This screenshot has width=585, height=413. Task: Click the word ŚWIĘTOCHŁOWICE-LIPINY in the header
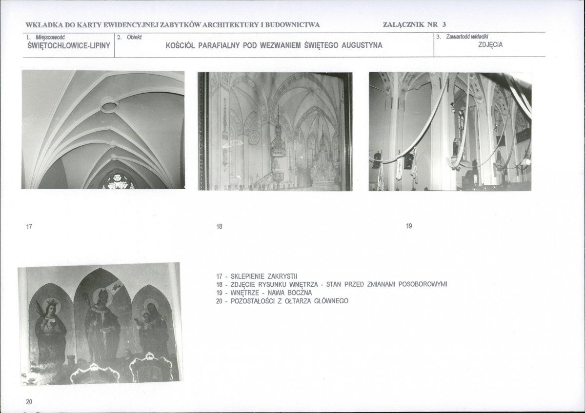coord(69,46)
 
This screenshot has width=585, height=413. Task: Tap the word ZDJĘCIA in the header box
coord(491,45)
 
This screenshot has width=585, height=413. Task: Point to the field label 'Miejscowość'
coord(50,37)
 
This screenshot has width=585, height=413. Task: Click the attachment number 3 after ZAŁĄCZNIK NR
coord(444,25)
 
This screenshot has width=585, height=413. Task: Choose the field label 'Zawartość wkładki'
coord(467,37)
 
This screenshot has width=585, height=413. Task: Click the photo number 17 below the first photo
coord(29,226)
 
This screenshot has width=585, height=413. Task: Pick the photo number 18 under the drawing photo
coord(219,226)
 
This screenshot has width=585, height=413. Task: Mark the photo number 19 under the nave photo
coord(409,226)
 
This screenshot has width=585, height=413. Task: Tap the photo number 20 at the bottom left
coord(29,401)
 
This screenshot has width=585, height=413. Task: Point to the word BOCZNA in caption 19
coord(299,293)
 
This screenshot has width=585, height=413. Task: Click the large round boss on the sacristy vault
coord(109,107)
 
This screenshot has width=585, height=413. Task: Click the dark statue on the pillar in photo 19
coord(456,148)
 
